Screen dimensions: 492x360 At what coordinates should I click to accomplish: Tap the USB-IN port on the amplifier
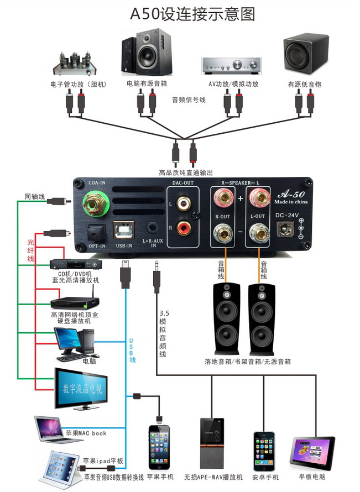(122, 230)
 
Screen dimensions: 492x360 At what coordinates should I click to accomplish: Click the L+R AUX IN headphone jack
(150, 227)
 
